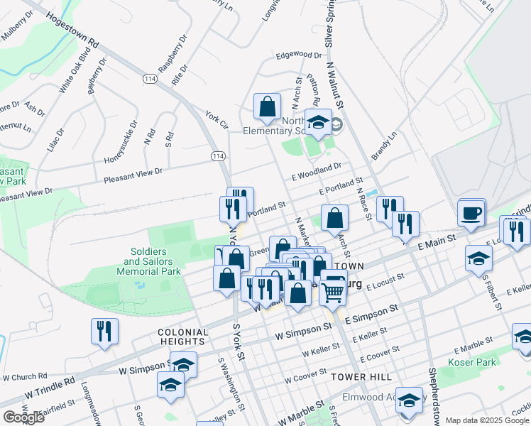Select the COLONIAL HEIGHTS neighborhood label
point(183,337)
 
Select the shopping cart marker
point(333,290)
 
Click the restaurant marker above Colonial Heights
point(105,332)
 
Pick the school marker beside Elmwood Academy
point(410,402)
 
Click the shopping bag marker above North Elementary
point(268,108)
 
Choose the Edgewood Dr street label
point(300,55)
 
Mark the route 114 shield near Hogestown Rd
point(150,78)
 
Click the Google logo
point(23,417)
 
